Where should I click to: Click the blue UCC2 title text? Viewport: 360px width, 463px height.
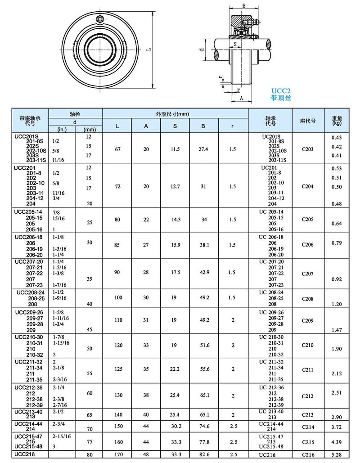click(x=280, y=90)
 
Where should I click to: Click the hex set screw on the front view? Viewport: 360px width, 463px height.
click(x=100, y=19)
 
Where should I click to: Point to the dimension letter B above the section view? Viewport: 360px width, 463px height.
click(x=243, y=5)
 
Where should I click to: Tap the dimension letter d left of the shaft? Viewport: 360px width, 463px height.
click(x=203, y=49)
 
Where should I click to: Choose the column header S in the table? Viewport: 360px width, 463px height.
click(x=175, y=126)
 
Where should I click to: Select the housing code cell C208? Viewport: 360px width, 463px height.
click(x=308, y=298)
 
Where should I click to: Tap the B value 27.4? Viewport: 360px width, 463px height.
click(x=203, y=149)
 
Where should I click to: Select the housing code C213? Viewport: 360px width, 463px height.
click(x=308, y=414)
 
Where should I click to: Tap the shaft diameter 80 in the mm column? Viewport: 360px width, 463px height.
click(x=89, y=454)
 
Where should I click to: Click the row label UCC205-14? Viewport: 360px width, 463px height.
click(x=29, y=211)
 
